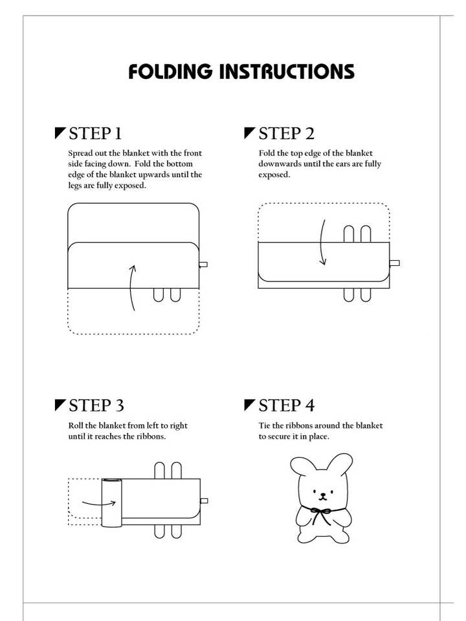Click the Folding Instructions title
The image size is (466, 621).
241,71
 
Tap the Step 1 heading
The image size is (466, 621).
95,133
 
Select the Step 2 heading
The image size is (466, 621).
287,133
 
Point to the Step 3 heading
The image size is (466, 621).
96,406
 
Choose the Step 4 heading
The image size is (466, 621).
287,406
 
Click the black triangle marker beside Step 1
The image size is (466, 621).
60,133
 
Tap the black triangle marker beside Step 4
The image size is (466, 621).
249,405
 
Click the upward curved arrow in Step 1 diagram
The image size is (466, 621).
131,287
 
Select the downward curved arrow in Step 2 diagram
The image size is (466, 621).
321,243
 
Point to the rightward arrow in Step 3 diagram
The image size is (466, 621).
99,504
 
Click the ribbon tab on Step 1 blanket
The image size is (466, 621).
203,264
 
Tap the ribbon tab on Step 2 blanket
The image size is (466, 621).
395,263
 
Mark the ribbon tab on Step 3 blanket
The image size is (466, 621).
204,501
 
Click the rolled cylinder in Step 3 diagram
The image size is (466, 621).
111,503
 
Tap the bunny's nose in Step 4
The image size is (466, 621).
323,495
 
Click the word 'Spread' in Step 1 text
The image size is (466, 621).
80,153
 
